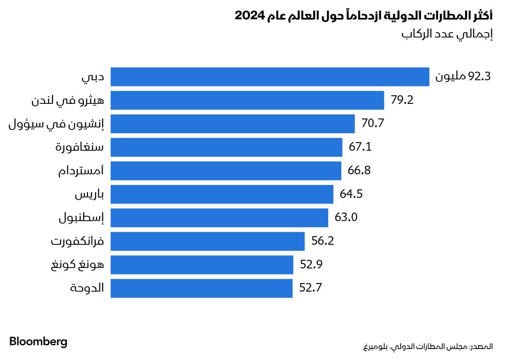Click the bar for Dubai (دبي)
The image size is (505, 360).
(x=270, y=77)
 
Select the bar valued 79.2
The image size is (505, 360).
(x=247, y=100)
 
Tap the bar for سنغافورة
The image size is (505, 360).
(x=226, y=147)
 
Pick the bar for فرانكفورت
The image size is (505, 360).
(x=207, y=241)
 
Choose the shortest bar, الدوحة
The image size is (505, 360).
(x=201, y=288)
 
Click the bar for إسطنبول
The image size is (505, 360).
(x=219, y=218)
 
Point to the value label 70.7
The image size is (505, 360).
(x=373, y=123)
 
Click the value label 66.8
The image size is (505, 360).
(x=359, y=171)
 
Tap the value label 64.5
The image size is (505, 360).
(x=351, y=194)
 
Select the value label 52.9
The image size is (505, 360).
(x=311, y=265)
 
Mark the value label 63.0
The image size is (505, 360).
(x=346, y=218)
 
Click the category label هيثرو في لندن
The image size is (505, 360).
(x=68, y=101)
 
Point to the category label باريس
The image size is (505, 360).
(x=89, y=195)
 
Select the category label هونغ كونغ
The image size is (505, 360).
(x=77, y=265)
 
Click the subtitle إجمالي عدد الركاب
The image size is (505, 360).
(x=448, y=34)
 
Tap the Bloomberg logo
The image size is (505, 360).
(x=38, y=342)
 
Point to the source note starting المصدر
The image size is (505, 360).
(x=428, y=347)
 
